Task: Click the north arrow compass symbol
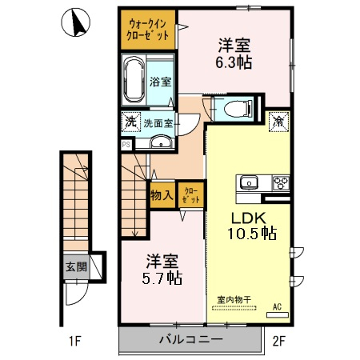click(x=76, y=22)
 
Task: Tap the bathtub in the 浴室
click(x=134, y=79)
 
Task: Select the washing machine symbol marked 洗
click(x=131, y=122)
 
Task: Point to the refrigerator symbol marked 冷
click(x=279, y=122)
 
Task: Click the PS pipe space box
click(x=126, y=145)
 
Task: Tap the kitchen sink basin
click(x=249, y=183)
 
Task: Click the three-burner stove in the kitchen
click(x=281, y=183)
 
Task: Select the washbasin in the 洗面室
click(x=161, y=142)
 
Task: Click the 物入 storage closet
click(x=162, y=195)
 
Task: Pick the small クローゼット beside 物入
click(x=191, y=195)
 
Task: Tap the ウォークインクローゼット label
click(x=147, y=30)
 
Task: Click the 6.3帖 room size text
click(x=234, y=62)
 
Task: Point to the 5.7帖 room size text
click(x=162, y=278)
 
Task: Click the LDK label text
click(x=249, y=218)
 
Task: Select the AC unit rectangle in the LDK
click(x=278, y=315)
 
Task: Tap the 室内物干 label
click(x=234, y=300)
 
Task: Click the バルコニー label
click(x=191, y=339)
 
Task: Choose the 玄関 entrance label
click(x=77, y=266)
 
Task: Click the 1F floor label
click(x=75, y=341)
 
